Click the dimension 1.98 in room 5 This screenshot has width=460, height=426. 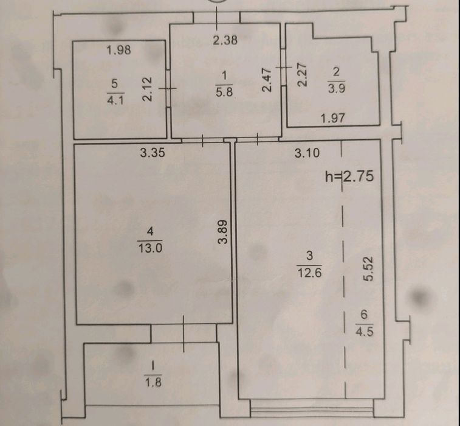(118, 50)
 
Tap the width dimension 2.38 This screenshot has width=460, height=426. (225, 40)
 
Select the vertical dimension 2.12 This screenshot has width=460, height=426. (147, 89)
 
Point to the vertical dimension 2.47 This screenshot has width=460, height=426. (267, 80)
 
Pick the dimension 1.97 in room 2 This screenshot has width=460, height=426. (332, 119)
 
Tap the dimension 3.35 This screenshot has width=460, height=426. (153, 153)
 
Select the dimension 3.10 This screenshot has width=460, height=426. (307, 153)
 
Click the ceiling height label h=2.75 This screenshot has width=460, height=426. (349, 176)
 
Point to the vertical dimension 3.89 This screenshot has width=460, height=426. (222, 232)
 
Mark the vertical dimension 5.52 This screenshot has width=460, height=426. (369, 269)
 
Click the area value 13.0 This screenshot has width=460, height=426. (150, 248)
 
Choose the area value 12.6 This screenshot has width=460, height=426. (309, 273)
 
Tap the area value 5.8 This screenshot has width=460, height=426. (224, 93)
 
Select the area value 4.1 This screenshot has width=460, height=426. (115, 100)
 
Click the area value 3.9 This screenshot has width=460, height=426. (337, 88)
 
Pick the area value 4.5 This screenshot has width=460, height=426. (365, 332)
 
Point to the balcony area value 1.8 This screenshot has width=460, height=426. (153, 382)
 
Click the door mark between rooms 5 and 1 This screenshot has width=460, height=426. (168, 88)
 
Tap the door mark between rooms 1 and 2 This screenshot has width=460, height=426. (283, 68)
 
